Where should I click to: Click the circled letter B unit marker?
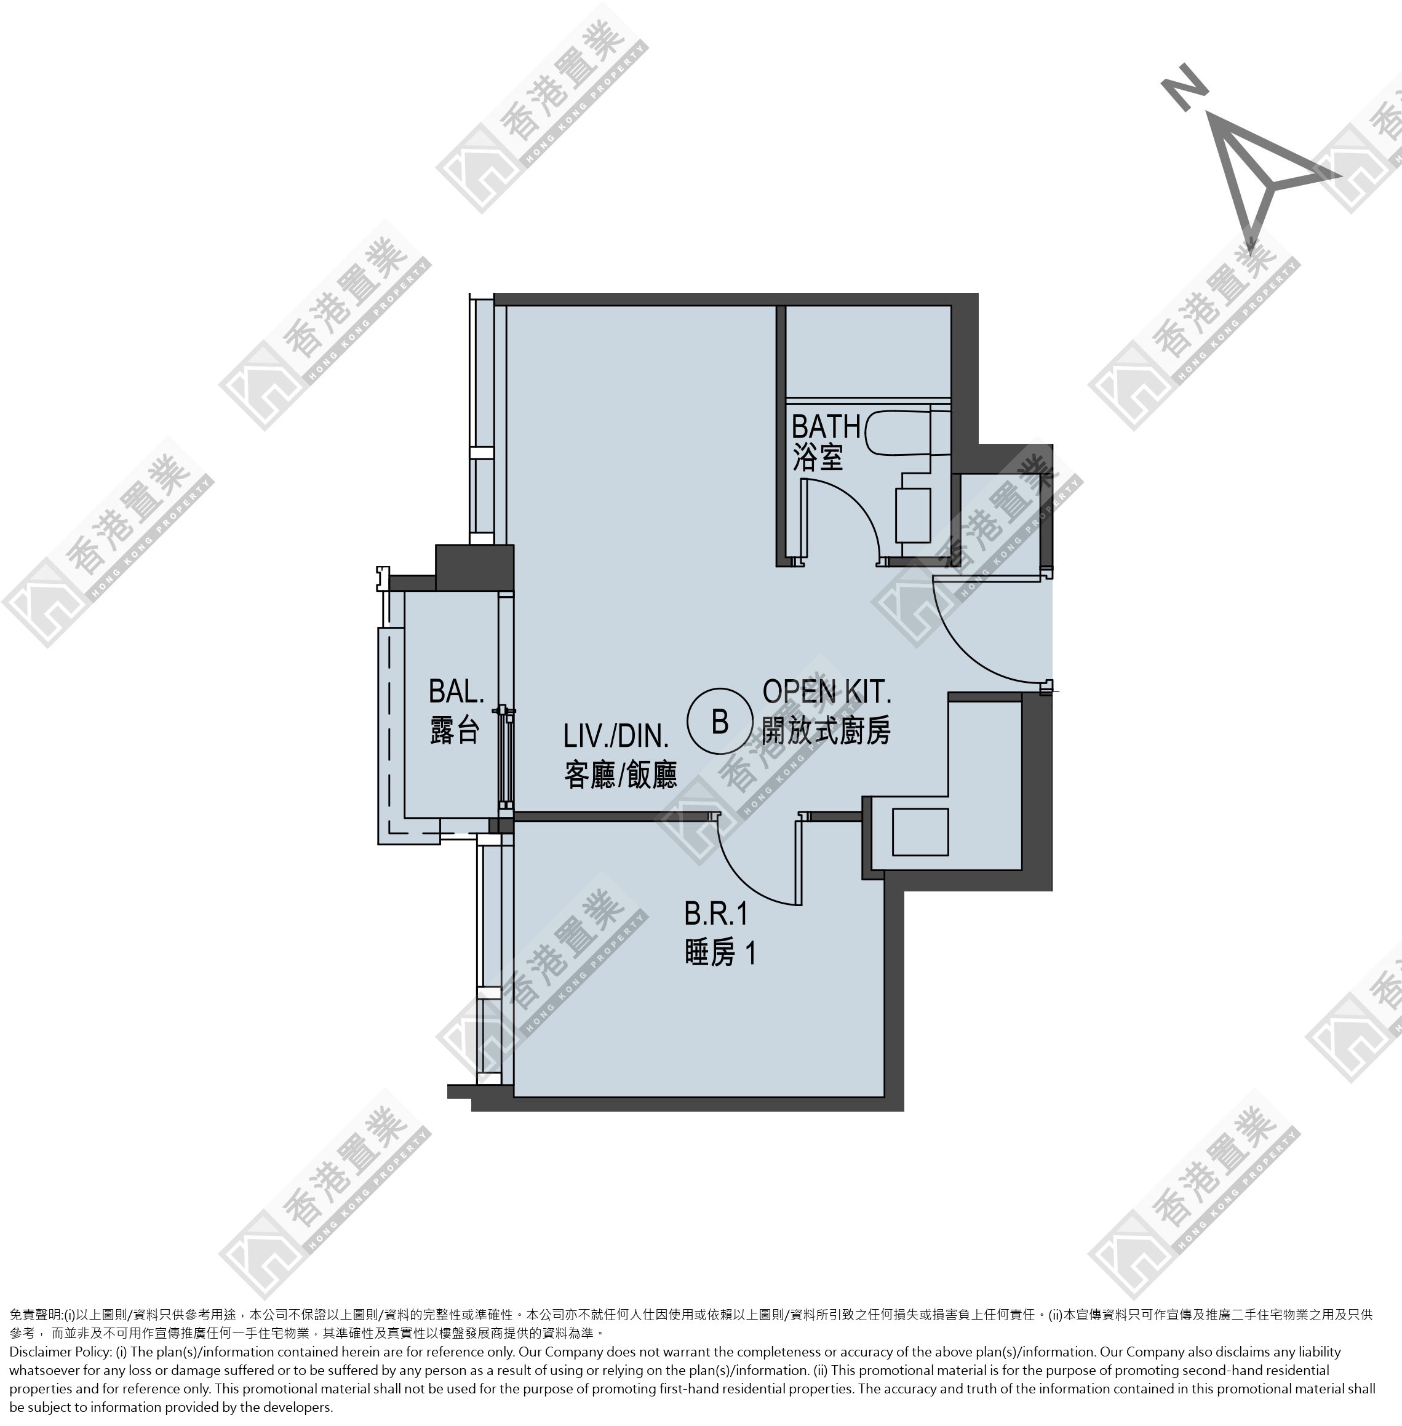719,722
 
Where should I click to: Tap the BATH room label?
826,426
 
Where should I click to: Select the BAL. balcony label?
456,691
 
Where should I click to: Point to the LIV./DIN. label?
616,735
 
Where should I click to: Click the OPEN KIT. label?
827,691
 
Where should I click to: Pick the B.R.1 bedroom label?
715,914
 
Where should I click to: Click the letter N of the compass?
1185,87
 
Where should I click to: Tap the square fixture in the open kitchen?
920,831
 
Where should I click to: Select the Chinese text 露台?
455,730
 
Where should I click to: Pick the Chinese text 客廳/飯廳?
620,775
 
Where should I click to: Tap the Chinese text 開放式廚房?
826,730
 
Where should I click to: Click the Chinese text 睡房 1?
719,954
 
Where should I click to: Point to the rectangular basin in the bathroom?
912,514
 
